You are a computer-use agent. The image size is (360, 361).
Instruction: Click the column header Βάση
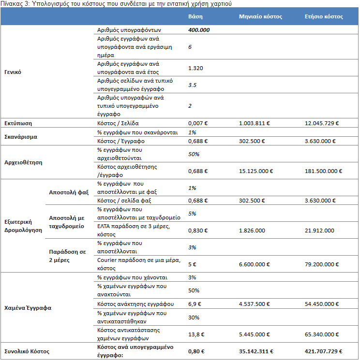[x=195, y=16]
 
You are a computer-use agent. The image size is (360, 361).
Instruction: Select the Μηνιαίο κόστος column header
[x=260, y=16]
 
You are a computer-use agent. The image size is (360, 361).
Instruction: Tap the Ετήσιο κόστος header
[x=324, y=16]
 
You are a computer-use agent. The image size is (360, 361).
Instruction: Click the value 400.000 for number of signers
[x=199, y=30]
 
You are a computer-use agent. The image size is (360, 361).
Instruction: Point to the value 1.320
[x=195, y=68]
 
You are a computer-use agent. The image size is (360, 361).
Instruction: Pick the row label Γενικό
[x=13, y=72]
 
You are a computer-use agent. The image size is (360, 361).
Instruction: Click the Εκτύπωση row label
[x=18, y=123]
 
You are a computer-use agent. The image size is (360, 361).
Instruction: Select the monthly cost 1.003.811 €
[x=254, y=123]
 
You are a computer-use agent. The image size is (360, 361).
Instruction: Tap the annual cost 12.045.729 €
[x=322, y=123]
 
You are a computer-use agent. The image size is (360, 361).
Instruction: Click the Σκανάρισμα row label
[x=21, y=137]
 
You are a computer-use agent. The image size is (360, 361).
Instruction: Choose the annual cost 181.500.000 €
[x=323, y=171]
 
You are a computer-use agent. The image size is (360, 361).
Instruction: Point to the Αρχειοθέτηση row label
[x=23, y=162]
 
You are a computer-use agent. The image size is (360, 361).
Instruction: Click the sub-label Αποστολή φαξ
[x=69, y=192]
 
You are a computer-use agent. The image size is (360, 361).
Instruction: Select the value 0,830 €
[x=198, y=231]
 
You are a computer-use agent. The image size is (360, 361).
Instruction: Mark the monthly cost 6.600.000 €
[x=254, y=264]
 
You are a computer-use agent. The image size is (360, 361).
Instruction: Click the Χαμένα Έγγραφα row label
[x=28, y=308]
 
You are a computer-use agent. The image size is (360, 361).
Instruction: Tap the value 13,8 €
[x=196, y=334]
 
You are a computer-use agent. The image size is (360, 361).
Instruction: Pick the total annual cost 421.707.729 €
[x=323, y=351]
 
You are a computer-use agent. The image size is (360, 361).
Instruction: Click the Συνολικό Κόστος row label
[x=27, y=351]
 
